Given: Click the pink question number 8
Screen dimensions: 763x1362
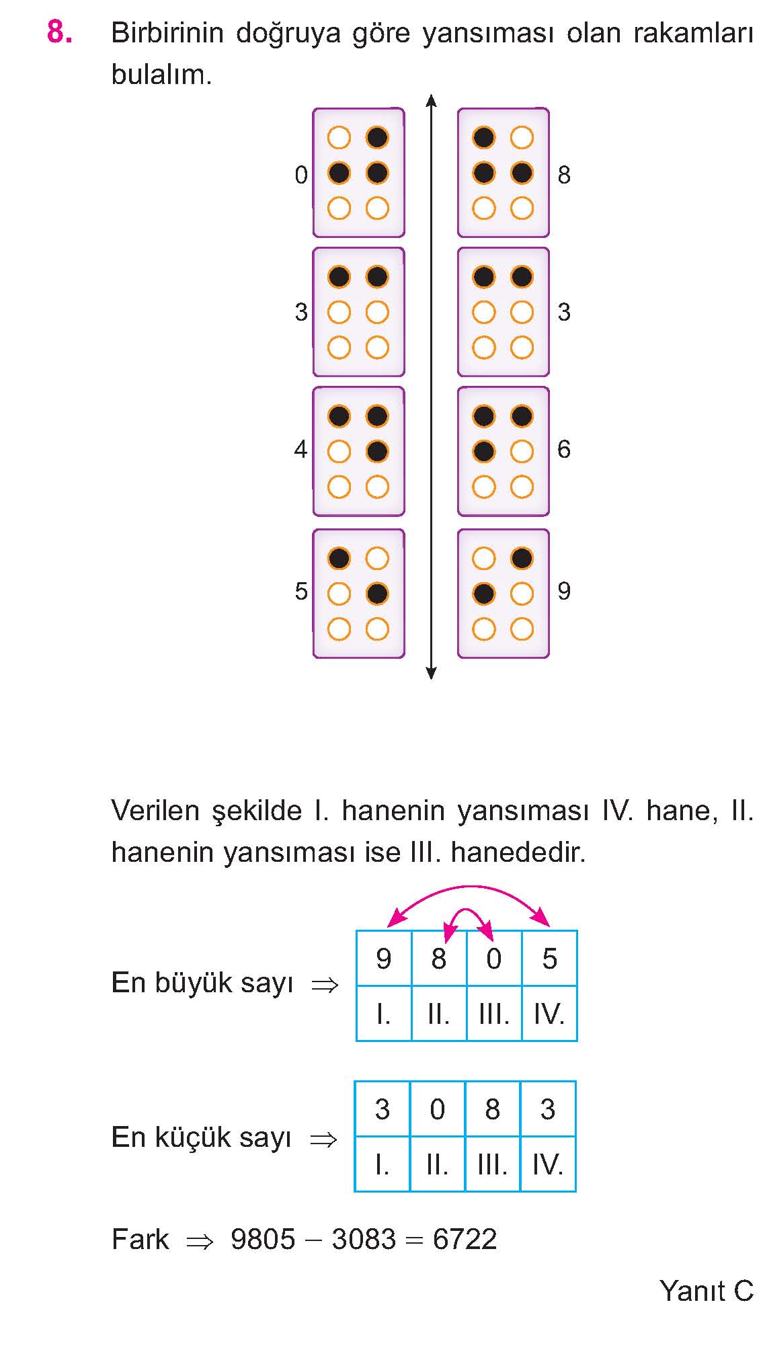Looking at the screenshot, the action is [60, 32].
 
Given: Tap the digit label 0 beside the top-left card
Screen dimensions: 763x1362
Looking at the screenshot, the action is [301, 175].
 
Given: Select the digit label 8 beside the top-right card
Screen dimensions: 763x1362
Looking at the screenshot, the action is [564, 175].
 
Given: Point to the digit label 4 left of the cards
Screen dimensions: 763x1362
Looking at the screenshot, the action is [301, 449].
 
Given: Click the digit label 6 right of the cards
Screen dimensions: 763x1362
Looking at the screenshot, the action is [564, 449].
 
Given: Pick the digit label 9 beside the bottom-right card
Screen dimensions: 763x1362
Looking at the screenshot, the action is [564, 591].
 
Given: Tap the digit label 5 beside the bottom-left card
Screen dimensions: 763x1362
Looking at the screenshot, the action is [301, 591].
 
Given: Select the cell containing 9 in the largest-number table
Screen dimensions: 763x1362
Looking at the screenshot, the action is [384, 959].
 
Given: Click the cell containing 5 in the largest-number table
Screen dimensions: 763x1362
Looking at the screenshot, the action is [549, 959].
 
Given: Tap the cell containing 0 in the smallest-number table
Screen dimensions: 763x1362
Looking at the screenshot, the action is [437, 1109].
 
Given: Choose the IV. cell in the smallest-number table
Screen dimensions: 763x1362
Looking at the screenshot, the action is [547, 1164].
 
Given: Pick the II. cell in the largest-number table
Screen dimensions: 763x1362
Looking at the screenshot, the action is [439, 1014].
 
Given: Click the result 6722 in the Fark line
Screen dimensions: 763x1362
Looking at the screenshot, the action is [465, 1239].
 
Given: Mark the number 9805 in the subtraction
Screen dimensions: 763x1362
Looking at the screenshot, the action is [263, 1239].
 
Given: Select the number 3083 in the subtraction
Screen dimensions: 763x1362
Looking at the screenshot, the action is [364, 1239].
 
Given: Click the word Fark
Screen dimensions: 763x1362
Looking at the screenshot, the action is [140, 1239].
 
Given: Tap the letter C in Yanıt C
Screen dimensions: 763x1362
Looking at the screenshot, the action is [744, 1291].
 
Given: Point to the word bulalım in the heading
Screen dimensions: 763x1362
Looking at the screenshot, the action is [161, 75].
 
